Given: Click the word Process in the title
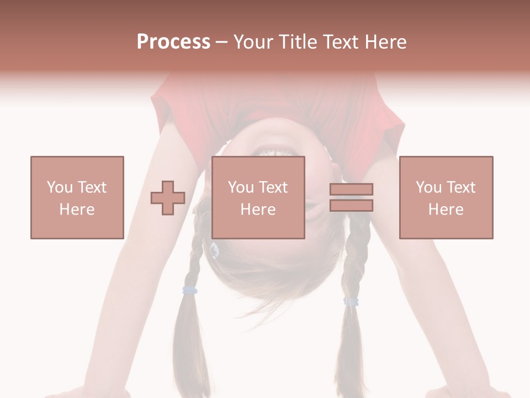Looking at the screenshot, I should pyautogui.click(x=173, y=42).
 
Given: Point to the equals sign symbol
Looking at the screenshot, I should pyautogui.click(x=351, y=197).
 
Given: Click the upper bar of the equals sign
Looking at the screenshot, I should pyautogui.click(x=351, y=190).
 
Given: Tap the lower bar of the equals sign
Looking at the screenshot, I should pyautogui.click(x=351, y=206).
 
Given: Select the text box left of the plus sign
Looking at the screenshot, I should pyautogui.click(x=77, y=197).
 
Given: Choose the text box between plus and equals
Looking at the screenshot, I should pyautogui.click(x=258, y=197).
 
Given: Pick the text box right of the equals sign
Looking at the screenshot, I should pyautogui.click(x=446, y=197).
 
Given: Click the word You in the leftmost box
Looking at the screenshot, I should pyautogui.click(x=59, y=187).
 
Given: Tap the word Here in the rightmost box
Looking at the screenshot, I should pyautogui.click(x=446, y=210).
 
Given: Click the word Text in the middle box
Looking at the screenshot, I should pyautogui.click(x=273, y=187).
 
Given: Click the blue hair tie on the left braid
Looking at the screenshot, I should pyautogui.click(x=190, y=290).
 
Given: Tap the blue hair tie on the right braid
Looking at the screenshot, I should pyautogui.click(x=351, y=301).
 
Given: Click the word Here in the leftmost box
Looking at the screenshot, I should pyautogui.click(x=77, y=210).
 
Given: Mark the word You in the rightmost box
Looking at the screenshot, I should pyautogui.click(x=428, y=187).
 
